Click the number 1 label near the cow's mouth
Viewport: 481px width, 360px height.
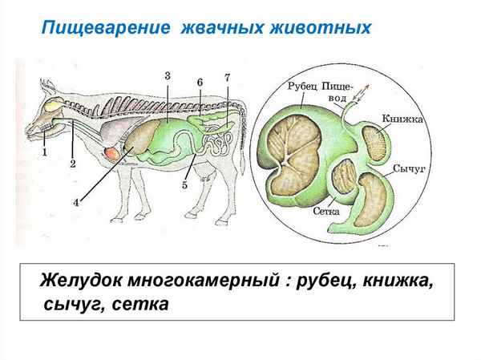tap(46, 151)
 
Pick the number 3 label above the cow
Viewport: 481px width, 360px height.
tap(168, 75)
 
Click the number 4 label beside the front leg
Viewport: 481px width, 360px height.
tap(76, 203)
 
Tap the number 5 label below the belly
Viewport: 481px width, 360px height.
tap(184, 185)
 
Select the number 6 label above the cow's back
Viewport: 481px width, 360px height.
tap(200, 82)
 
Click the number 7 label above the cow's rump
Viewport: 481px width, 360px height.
tap(227, 77)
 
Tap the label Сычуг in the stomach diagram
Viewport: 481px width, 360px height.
tap(408, 169)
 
